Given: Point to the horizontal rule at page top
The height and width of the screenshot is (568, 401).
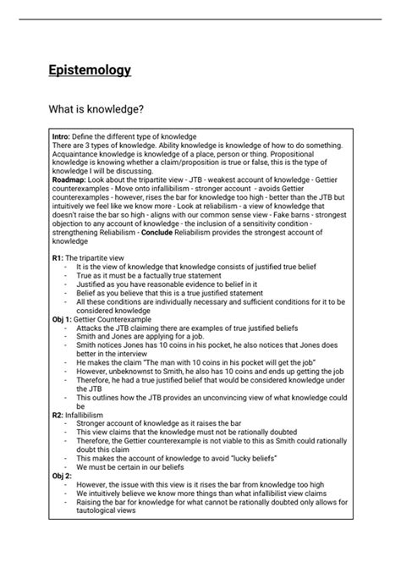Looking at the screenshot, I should tap(200, 19).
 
